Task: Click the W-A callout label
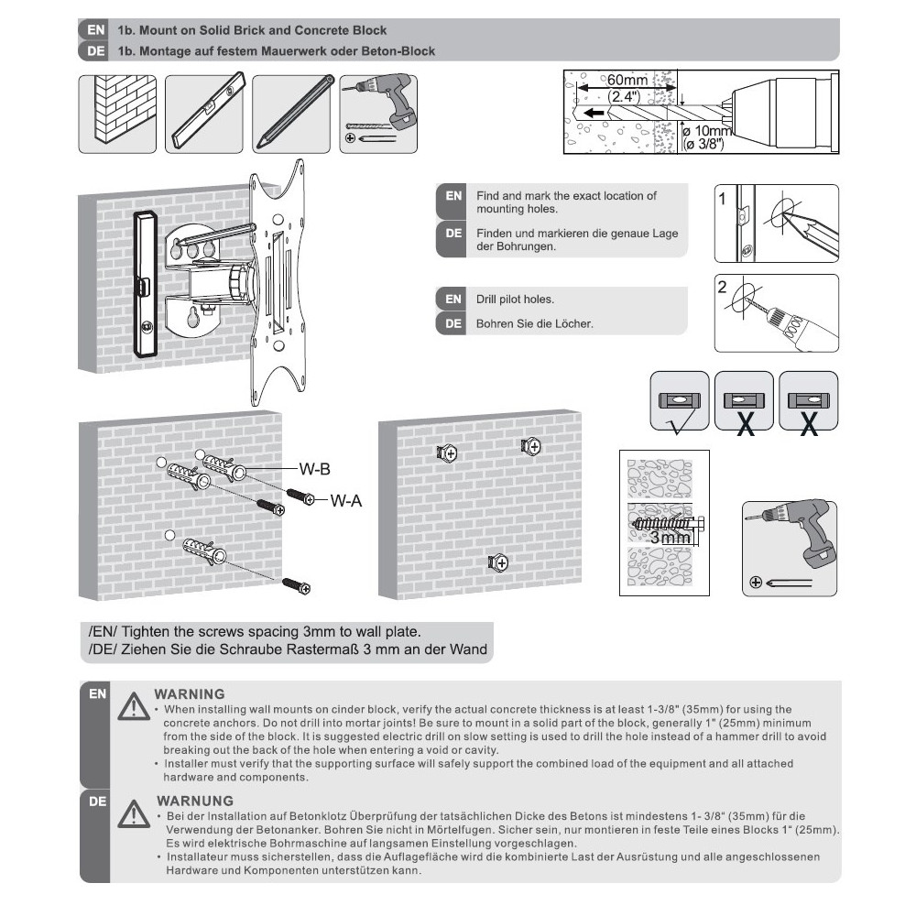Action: (346, 500)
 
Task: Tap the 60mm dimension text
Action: (627, 81)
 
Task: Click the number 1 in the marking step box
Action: (723, 197)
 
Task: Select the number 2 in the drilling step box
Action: (723, 287)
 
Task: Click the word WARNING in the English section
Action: (190, 693)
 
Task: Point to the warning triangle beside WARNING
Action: (134, 706)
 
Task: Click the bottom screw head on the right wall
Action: (498, 562)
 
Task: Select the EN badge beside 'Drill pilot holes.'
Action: (453, 299)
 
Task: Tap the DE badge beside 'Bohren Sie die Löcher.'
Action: (453, 323)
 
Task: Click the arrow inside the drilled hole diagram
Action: (594, 114)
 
